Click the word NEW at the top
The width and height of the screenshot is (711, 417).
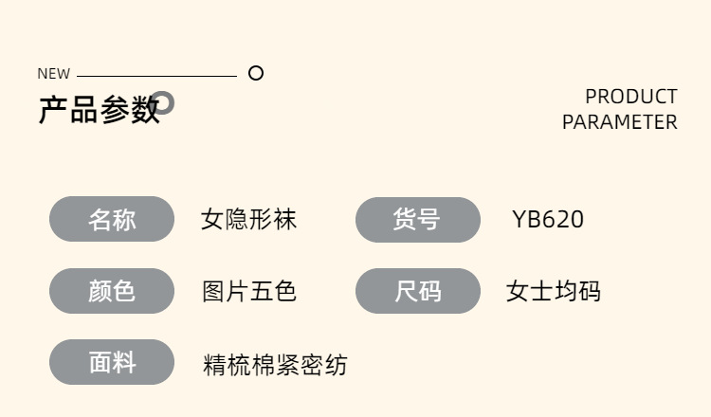[53, 73]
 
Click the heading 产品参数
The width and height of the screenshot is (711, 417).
[99, 110]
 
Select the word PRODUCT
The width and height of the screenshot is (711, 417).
[631, 97]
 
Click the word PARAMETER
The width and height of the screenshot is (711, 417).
[620, 122]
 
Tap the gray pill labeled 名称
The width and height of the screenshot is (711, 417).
[112, 219]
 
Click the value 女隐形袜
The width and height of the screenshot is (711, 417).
[249, 219]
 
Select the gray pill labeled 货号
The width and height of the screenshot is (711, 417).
[418, 219]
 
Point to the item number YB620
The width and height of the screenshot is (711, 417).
[548, 219]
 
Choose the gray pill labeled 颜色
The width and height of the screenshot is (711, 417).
[112, 291]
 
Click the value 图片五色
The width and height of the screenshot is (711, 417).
[249, 291]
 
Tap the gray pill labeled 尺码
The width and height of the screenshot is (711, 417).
[418, 291]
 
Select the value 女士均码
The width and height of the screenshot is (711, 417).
[554, 291]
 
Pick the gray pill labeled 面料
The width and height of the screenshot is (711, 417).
[112, 362]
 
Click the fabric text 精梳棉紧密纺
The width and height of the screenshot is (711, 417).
[275, 365]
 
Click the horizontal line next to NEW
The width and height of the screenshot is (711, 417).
[156, 76]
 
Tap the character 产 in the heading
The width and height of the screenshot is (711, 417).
[53, 110]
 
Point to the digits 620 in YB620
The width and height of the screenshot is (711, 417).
[563, 219]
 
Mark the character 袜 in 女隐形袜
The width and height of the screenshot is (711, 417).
[285, 219]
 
